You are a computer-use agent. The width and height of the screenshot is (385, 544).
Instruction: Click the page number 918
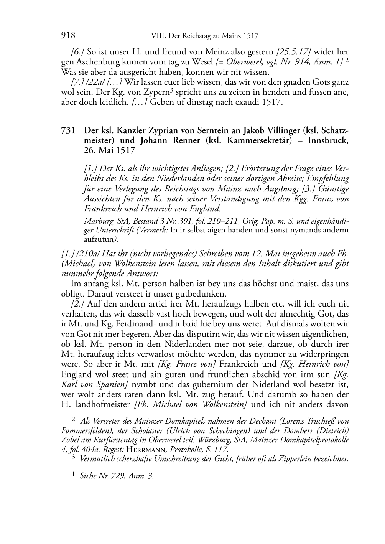pyautogui.click(x=68, y=36)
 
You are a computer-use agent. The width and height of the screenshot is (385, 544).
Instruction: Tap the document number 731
pyautogui.click(x=68, y=130)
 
